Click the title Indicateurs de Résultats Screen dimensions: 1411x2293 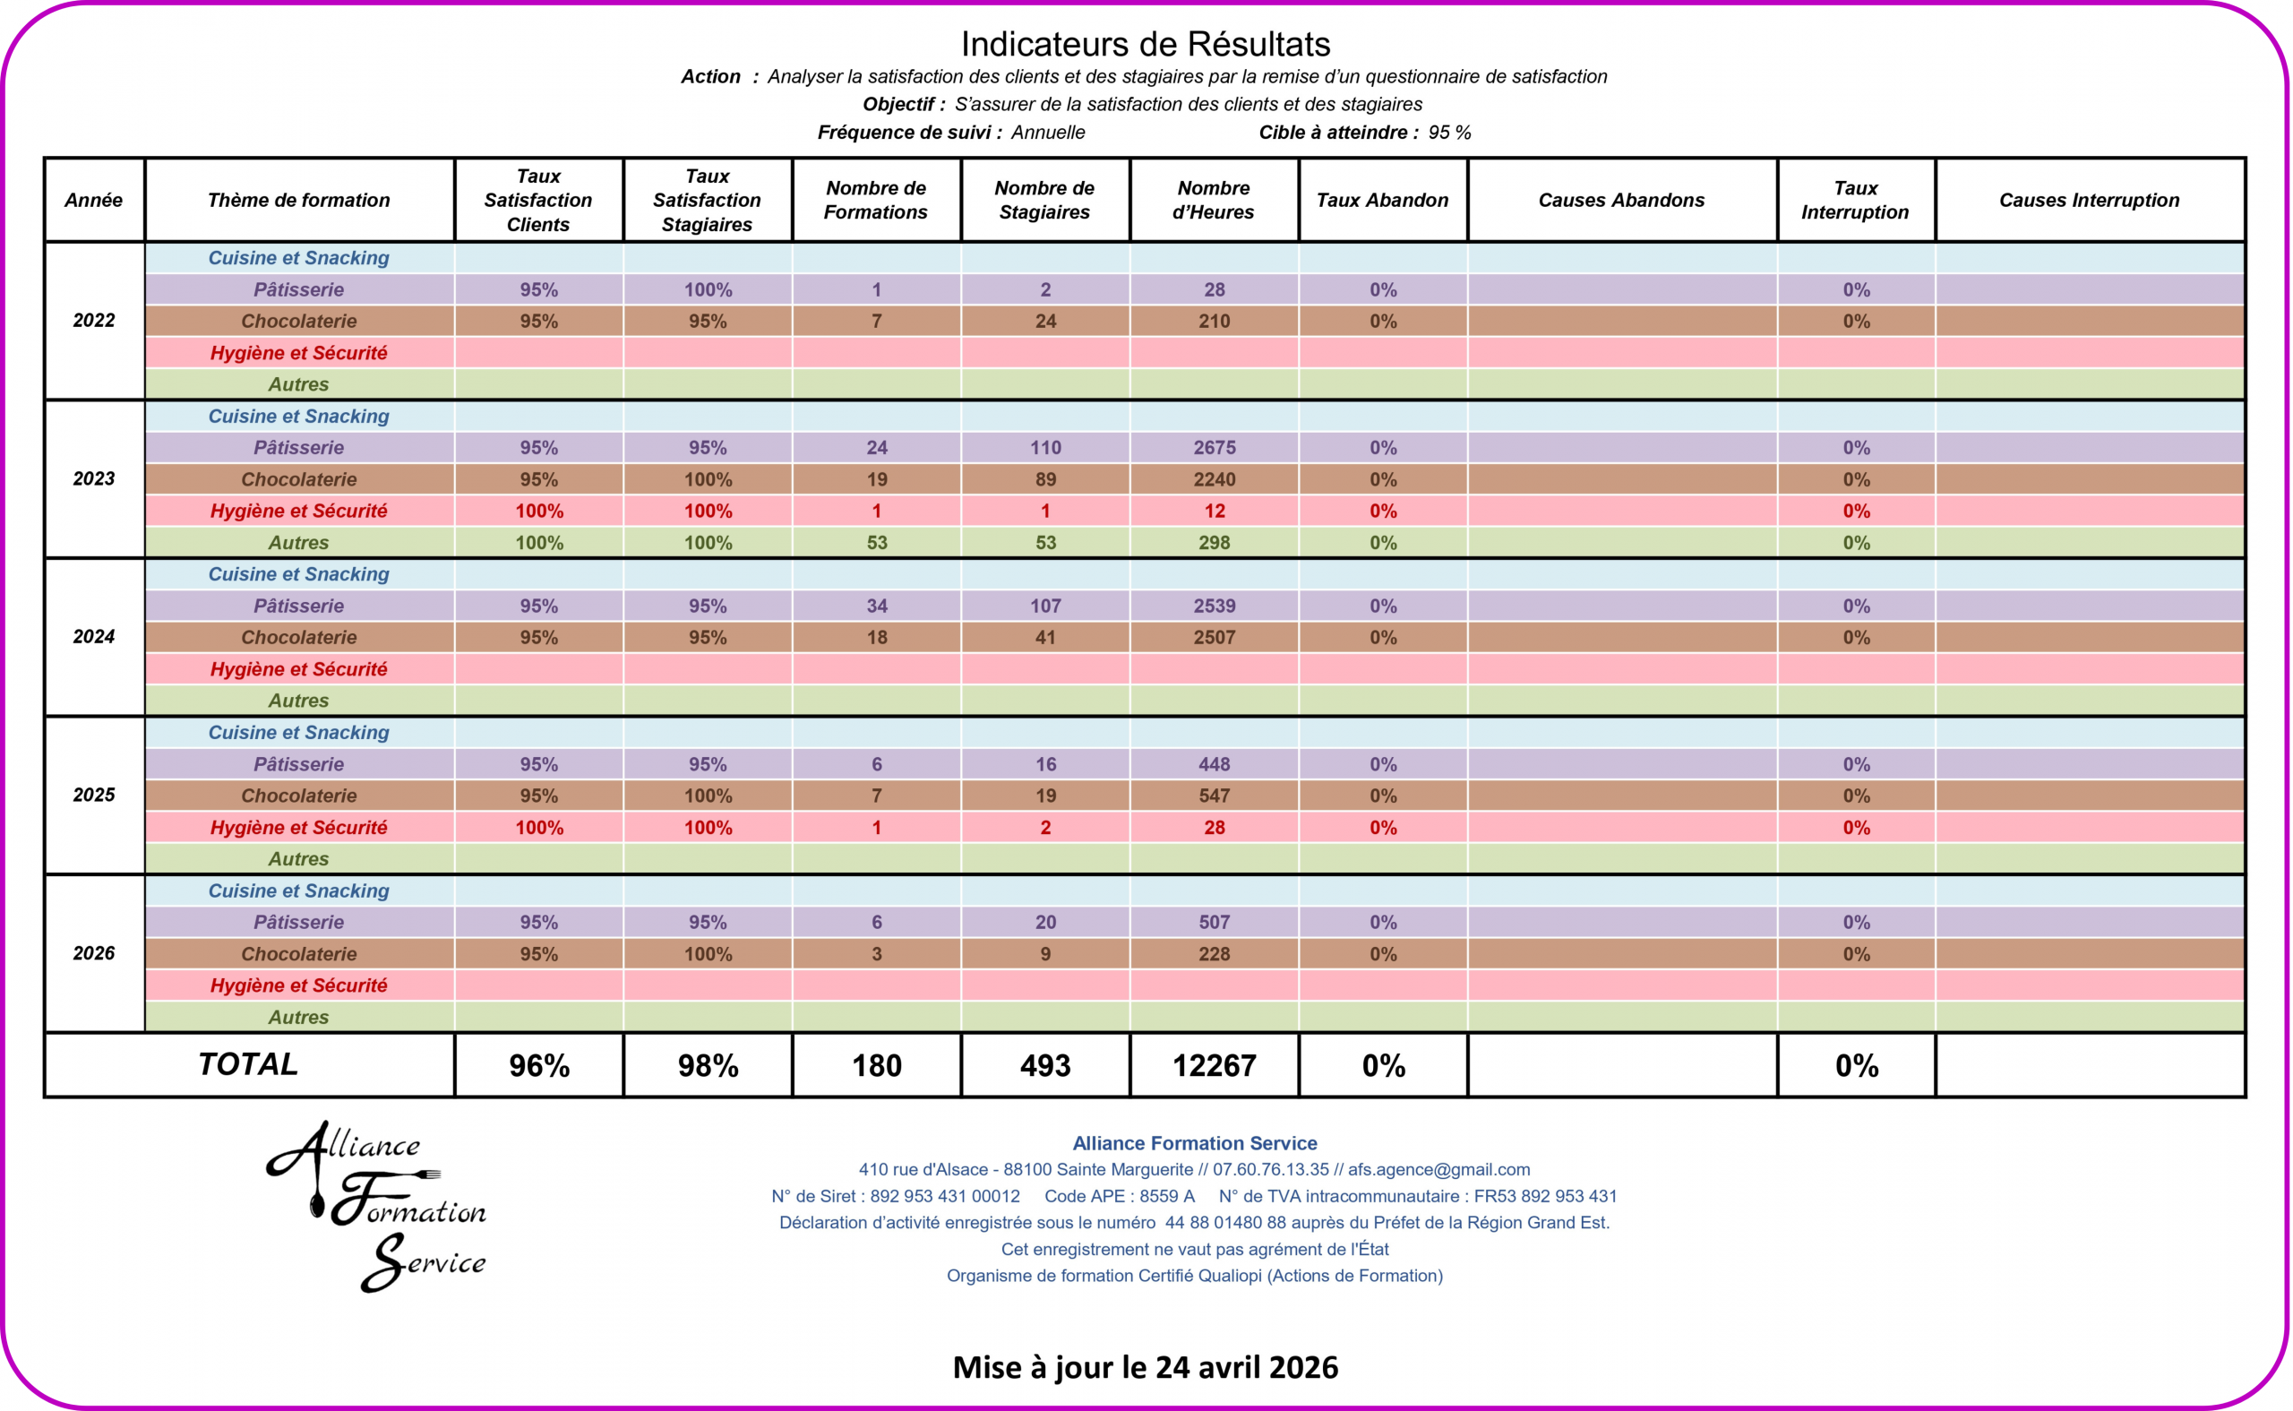click(1146, 44)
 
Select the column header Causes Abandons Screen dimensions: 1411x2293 click(1621, 200)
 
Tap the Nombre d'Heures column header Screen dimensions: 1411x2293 click(1214, 200)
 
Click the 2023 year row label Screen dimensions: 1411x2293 click(94, 478)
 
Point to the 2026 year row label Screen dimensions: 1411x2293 click(94, 953)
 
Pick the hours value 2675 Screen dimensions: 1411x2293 click(1215, 448)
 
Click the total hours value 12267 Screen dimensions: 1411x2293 click(1214, 1066)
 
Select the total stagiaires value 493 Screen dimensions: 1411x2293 click(1044, 1066)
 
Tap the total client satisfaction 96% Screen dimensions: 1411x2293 click(539, 1066)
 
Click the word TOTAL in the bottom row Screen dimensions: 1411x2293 click(248, 1064)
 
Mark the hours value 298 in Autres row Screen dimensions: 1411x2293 click(1215, 543)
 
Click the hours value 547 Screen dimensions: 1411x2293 click(1215, 796)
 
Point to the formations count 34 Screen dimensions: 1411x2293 click(877, 607)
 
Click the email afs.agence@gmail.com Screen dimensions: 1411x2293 click(1438, 1169)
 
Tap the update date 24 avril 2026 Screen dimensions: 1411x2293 click(1246, 1367)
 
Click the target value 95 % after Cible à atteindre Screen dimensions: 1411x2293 click(1449, 133)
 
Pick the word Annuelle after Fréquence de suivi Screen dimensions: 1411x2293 click(1048, 133)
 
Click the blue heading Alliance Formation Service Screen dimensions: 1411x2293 click(1194, 1143)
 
